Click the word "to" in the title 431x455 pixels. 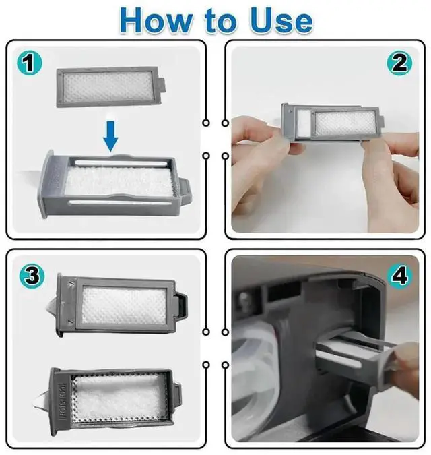tap(220, 21)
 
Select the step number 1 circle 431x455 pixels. tap(29, 63)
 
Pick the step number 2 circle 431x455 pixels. tap(400, 63)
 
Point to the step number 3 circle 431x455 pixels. tap(32, 276)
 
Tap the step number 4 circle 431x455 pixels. tap(400, 276)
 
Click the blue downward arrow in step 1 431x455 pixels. tap(110, 136)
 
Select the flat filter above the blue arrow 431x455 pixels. tap(111, 87)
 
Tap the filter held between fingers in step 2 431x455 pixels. tap(333, 123)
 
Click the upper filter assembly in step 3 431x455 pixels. tap(122, 305)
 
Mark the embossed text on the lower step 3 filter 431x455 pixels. tap(62, 401)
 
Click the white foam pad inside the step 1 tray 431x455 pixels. tap(119, 181)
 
